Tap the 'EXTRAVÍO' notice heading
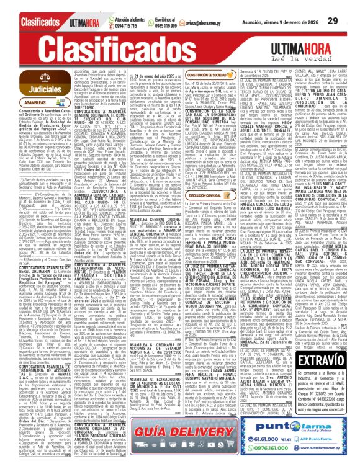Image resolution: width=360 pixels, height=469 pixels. pyautogui.click(x=324, y=339)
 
